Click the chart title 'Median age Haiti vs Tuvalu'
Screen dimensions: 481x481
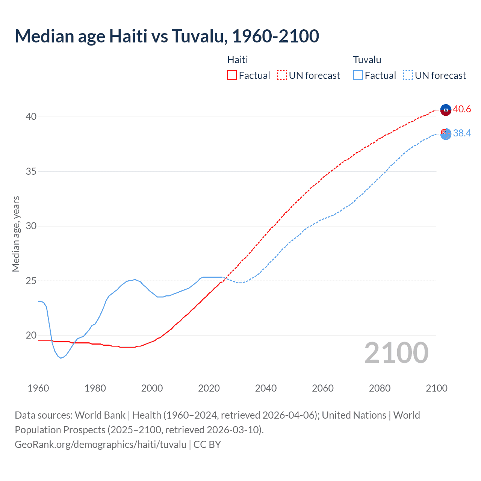tap(167, 36)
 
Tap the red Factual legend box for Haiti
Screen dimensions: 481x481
tap(232, 76)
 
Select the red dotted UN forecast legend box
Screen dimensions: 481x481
tap(282, 76)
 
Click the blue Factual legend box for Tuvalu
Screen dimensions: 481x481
tap(358, 76)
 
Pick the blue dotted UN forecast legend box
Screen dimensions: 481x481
tap(408, 76)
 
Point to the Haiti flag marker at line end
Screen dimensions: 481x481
tap(446, 110)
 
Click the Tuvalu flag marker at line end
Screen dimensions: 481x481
tap(446, 133)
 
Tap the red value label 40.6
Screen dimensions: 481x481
tap(462, 109)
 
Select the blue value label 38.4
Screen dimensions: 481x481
tap(462, 133)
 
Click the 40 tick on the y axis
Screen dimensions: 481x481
tap(31, 117)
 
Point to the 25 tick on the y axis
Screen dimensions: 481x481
tap(31, 281)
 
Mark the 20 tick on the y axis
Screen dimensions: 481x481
tap(31, 336)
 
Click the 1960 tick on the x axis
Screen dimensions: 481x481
tap(38, 388)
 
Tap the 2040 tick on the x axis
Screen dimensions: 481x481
tap(266, 388)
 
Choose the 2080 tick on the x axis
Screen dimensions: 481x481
tap(380, 388)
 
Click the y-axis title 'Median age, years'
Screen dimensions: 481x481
tap(16, 234)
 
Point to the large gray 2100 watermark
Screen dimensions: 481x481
tap(396, 353)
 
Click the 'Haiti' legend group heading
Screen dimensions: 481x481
tap(237, 60)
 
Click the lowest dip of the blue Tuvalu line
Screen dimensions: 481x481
tap(61, 358)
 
